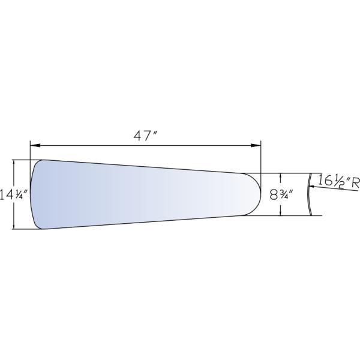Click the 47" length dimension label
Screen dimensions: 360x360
point(146,136)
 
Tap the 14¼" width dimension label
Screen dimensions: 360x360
point(14,194)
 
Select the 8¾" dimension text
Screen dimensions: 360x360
point(281,195)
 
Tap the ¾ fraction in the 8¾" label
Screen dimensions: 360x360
point(283,195)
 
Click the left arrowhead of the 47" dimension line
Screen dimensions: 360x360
point(35,145)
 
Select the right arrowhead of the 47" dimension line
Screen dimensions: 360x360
point(256,145)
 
